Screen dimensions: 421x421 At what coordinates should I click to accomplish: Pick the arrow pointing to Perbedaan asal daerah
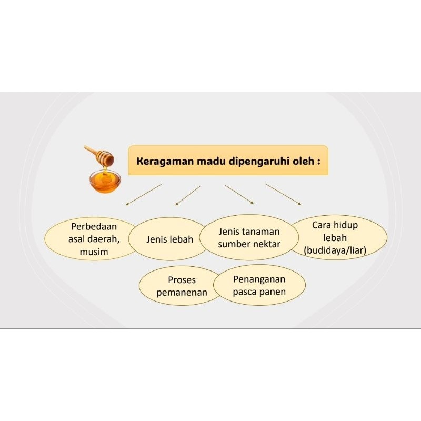click(143, 195)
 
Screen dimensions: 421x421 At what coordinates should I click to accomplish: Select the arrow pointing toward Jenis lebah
click(187, 195)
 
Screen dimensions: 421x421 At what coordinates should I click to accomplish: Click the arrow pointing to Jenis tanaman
click(239, 194)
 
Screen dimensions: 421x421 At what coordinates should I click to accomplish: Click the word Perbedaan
click(94, 227)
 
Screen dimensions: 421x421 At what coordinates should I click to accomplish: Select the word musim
click(94, 252)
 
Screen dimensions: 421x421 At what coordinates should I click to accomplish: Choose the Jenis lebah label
click(169, 239)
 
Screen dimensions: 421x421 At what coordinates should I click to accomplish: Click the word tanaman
click(260, 232)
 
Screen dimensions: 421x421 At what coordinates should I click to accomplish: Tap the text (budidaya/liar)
click(335, 251)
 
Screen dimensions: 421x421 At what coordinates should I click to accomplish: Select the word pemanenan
click(182, 293)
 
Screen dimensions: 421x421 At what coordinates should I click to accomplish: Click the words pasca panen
click(259, 292)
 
